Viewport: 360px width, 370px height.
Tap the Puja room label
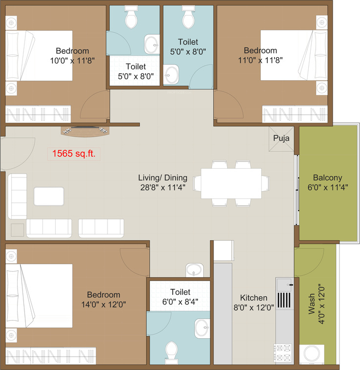pyautogui.click(x=281, y=138)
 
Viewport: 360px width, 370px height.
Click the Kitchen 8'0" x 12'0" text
pyautogui.click(x=254, y=303)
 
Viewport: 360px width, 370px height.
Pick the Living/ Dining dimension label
pyautogui.click(x=162, y=182)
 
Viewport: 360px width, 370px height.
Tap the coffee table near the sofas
pyautogui.click(x=48, y=196)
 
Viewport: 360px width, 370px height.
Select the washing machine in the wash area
pyautogui.click(x=311, y=353)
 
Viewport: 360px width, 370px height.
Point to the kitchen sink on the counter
pyautogui.click(x=284, y=284)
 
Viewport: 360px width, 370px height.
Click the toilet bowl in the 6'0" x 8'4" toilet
pyautogui.click(x=171, y=351)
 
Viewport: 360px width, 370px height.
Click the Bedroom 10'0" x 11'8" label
pyautogui.click(x=72, y=55)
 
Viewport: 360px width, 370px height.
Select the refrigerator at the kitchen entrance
pyautogui.click(x=225, y=251)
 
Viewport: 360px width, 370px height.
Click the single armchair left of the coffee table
pyautogui.click(x=18, y=196)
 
